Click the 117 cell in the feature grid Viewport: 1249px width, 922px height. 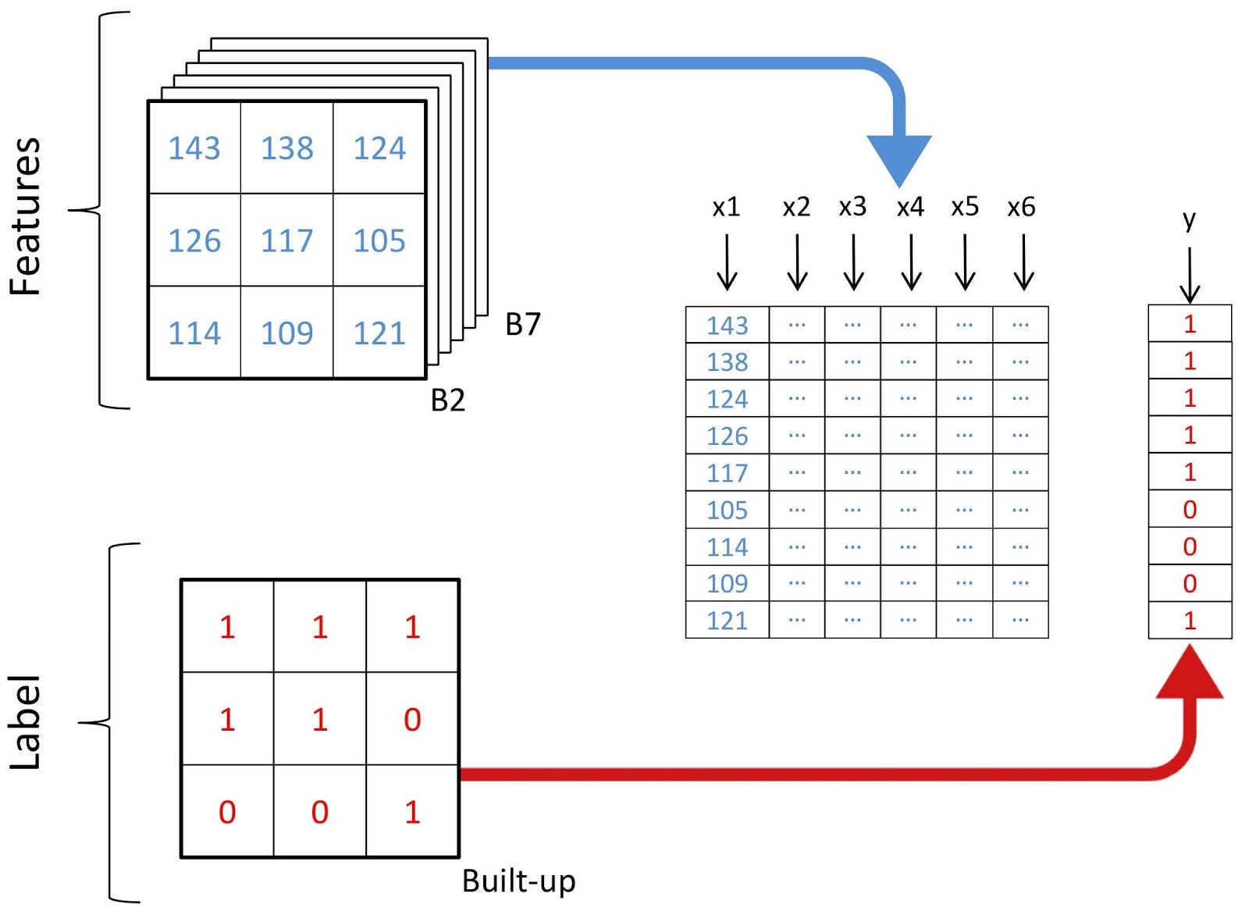point(286,240)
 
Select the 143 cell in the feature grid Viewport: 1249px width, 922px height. point(194,148)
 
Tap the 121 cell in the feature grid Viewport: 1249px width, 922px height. point(379,333)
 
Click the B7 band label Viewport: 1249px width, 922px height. point(522,324)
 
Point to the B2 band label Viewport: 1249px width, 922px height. point(447,400)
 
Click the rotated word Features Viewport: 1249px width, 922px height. point(26,215)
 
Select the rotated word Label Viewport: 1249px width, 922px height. point(26,722)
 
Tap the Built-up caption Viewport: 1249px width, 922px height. point(518,881)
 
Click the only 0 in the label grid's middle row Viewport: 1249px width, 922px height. point(412,719)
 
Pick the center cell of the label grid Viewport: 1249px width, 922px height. point(319,719)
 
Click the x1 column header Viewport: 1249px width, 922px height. point(726,207)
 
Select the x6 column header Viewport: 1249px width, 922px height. point(1020,207)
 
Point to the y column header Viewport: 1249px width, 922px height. point(1189,220)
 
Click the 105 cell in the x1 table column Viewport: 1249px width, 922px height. point(727,510)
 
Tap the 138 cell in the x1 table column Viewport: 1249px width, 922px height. point(727,362)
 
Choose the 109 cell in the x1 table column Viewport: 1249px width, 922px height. point(727,583)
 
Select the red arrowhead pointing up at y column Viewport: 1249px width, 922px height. point(1189,674)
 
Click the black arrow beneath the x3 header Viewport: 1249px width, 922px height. point(853,263)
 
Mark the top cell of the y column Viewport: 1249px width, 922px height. point(1189,324)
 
